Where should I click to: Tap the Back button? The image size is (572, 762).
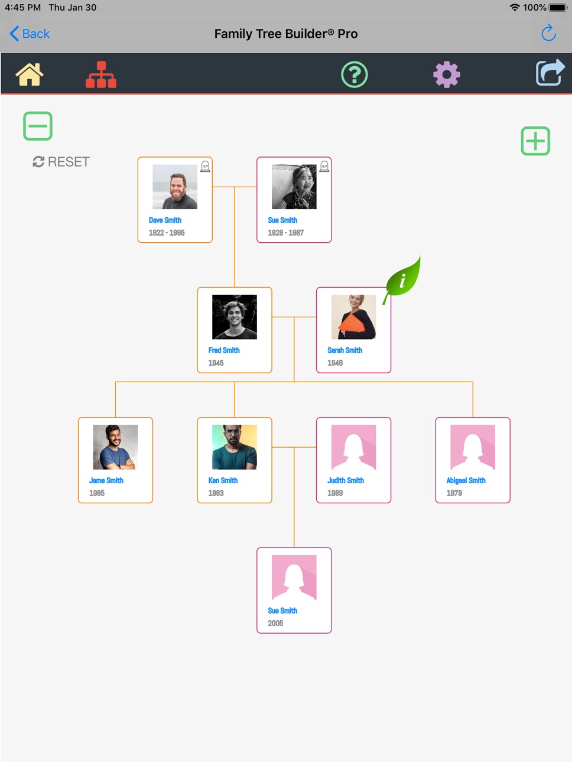point(30,34)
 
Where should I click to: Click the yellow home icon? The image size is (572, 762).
point(30,74)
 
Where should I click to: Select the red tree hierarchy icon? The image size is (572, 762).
point(101,74)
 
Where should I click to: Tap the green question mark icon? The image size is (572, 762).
point(354,74)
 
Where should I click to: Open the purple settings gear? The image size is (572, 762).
point(447,74)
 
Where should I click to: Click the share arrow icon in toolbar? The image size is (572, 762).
point(550,72)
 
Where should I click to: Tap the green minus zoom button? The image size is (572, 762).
point(38,126)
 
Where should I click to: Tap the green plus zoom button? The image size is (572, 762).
point(535,141)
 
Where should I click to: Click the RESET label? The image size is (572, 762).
point(69,162)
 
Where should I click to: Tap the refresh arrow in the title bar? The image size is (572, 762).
point(549,32)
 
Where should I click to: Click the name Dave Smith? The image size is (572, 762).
point(165,220)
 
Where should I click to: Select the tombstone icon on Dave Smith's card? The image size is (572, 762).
point(205,167)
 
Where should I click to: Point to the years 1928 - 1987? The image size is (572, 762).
point(286,233)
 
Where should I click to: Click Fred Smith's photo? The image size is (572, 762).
point(235,317)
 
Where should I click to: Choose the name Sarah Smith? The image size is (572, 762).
point(345,350)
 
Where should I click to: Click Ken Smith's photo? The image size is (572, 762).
point(235,447)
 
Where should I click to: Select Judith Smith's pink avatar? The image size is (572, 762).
point(353,447)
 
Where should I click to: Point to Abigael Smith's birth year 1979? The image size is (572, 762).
point(454,493)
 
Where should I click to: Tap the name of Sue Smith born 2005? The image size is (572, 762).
point(282,611)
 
